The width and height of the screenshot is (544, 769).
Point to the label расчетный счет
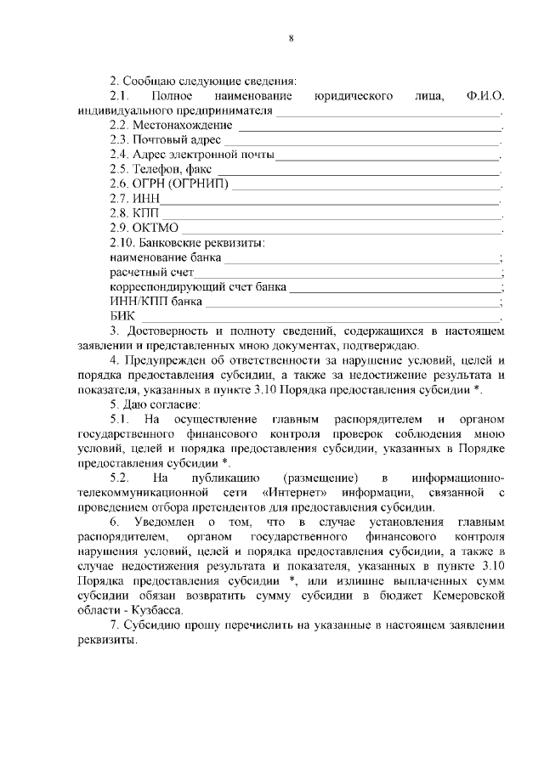[147, 271]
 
